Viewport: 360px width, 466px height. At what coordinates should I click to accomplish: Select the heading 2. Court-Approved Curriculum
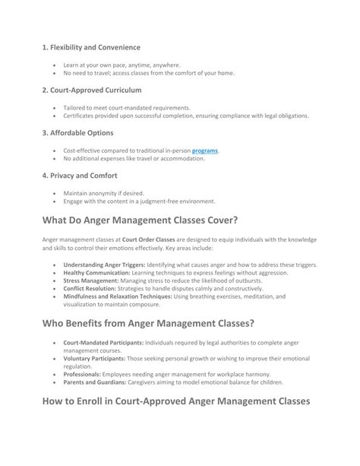(92, 90)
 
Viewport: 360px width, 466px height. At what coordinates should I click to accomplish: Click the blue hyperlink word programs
(204, 151)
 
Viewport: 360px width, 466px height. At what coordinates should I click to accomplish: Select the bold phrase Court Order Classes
(149, 239)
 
